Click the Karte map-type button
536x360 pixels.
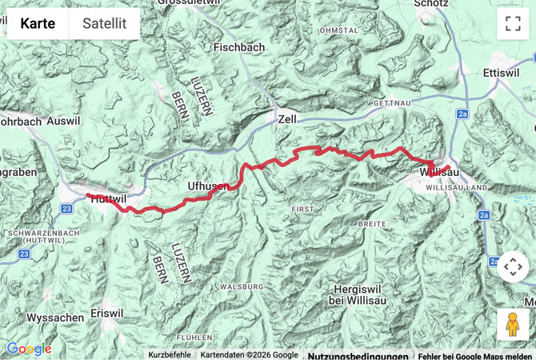(38, 24)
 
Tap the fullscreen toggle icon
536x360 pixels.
(513, 23)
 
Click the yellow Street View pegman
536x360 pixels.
(513, 324)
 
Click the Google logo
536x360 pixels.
(29, 349)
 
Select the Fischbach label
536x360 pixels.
(239, 48)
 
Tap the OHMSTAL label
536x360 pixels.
(338, 30)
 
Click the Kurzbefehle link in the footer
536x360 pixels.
(170, 354)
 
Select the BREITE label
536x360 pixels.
(372, 225)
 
